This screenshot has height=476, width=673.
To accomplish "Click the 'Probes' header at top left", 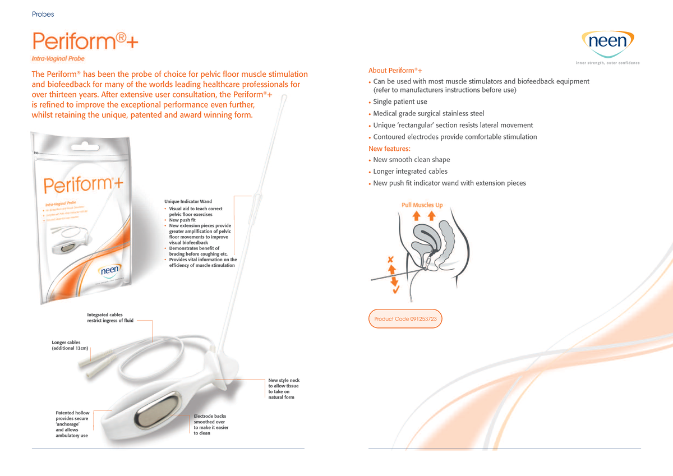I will pyautogui.click(x=43, y=14).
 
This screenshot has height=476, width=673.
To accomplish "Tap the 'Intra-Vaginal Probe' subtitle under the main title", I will pyautogui.click(x=58, y=58).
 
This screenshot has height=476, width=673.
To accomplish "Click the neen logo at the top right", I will pyautogui.click(x=610, y=43).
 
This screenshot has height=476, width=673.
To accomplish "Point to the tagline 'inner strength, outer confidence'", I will pyautogui.click(x=608, y=63).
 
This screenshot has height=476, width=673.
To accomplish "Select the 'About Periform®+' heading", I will pyautogui.click(x=395, y=70).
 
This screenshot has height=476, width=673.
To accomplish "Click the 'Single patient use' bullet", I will pyautogui.click(x=400, y=102).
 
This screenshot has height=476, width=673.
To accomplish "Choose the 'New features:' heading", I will pyautogui.click(x=389, y=149).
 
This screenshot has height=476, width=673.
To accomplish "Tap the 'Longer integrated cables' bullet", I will pyautogui.click(x=410, y=172).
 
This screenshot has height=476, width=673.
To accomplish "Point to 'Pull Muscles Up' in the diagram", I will pyautogui.click(x=422, y=205).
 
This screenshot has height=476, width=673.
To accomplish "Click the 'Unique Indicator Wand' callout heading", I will pyautogui.click(x=188, y=201).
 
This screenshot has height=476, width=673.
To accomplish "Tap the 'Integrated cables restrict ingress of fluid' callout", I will pyautogui.click(x=110, y=318).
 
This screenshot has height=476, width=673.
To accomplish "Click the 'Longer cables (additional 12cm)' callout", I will pyautogui.click(x=69, y=345).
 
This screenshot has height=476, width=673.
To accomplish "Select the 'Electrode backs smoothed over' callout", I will pyautogui.click(x=211, y=424).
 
